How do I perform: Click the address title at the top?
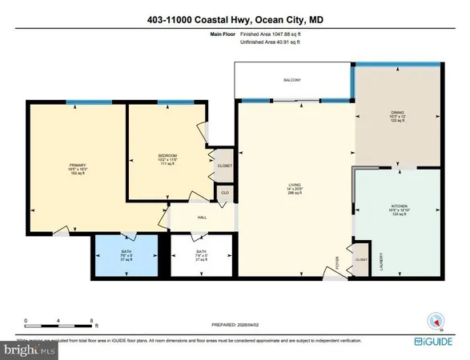click(235, 19)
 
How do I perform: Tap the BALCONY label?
click(293, 80)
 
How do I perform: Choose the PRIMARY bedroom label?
click(77, 166)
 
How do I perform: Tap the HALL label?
click(203, 217)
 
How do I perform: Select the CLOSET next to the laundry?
click(360, 259)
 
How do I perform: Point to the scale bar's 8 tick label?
click(93, 319)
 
